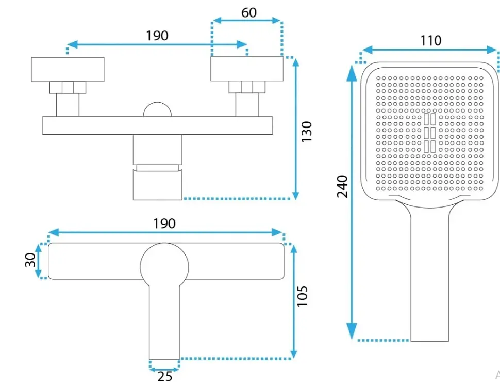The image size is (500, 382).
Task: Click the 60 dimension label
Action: (249, 13)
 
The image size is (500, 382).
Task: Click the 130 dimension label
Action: (306, 132)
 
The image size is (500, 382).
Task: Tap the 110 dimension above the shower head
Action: (431, 41)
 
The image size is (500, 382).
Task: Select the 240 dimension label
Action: (342, 186)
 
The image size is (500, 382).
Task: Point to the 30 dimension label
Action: (30, 260)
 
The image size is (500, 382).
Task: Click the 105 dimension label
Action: (302, 296)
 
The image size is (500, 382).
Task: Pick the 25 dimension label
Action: (165, 376)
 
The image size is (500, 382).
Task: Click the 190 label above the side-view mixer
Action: (157, 36)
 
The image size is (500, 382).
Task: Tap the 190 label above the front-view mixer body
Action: (164, 224)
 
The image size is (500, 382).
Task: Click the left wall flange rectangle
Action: (68, 69)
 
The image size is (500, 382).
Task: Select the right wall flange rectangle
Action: (247, 69)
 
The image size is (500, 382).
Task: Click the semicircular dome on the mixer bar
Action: (157, 109)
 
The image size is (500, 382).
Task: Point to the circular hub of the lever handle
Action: (164, 266)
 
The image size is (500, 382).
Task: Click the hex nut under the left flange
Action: (68, 88)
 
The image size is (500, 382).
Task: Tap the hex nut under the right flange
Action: (247, 87)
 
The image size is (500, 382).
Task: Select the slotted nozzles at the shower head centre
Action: (429, 133)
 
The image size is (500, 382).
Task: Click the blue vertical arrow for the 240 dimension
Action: (352, 202)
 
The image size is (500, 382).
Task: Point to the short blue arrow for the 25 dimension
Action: (164, 370)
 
